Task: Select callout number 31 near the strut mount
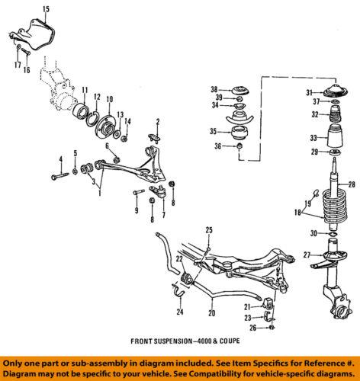click(309, 93)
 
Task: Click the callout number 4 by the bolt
click(58, 158)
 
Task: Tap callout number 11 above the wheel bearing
click(85, 89)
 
